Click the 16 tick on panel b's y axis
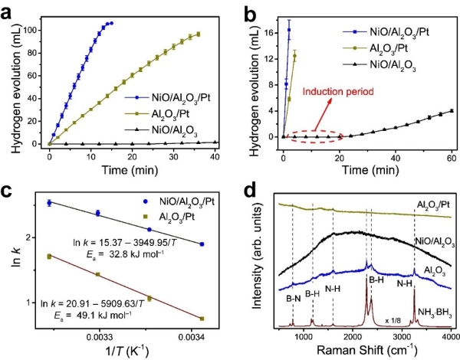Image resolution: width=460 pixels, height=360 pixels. coord(269,33)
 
